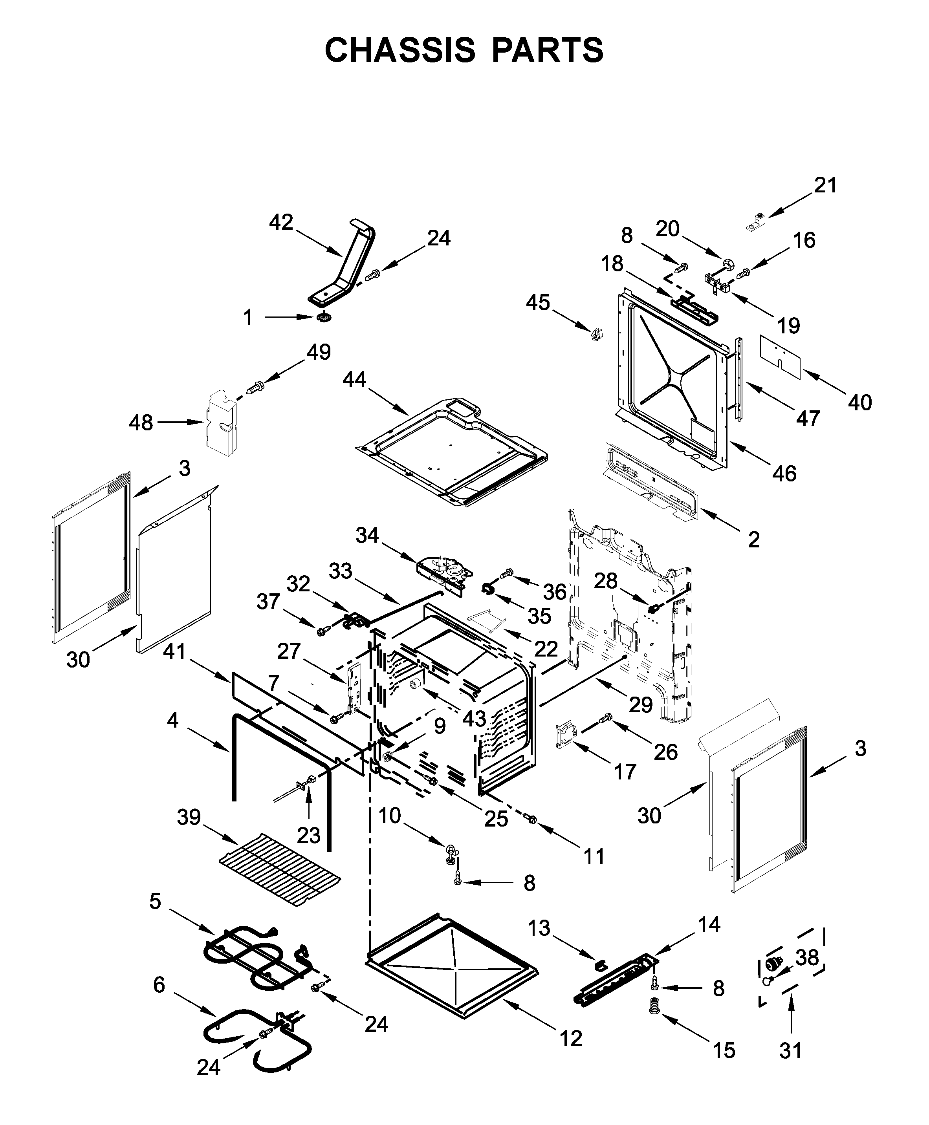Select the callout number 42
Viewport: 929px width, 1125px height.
(x=281, y=222)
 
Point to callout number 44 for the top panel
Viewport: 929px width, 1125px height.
(x=354, y=380)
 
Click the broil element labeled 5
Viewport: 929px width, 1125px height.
(x=251, y=957)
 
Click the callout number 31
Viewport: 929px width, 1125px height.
(x=790, y=1051)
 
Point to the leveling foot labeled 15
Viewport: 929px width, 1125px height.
(x=653, y=1007)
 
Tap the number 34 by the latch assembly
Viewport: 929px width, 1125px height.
(x=367, y=535)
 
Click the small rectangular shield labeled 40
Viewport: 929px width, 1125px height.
(x=780, y=357)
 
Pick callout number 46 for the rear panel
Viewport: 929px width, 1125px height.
(x=784, y=474)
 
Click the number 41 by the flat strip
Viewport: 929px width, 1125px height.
(x=174, y=651)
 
